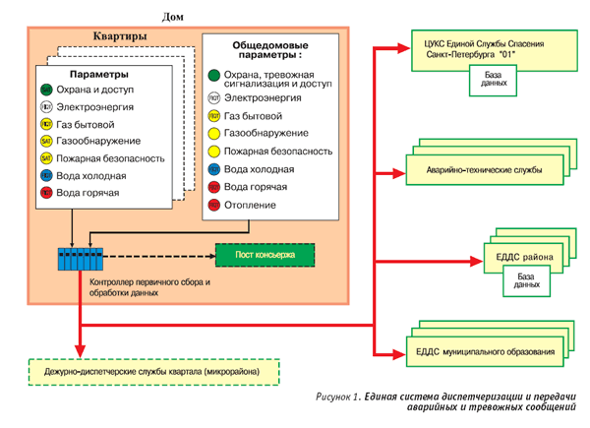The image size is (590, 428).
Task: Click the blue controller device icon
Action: click(79, 261)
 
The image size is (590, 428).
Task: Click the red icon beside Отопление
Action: click(212, 205)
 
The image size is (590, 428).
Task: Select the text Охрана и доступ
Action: click(92, 90)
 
